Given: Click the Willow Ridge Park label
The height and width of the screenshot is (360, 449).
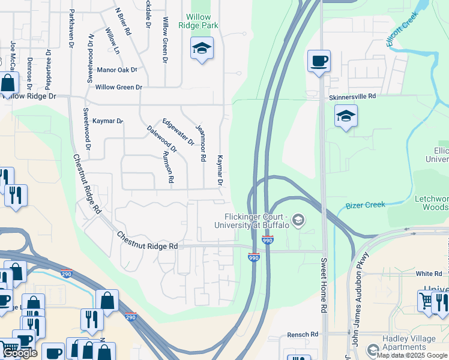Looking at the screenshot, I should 198,22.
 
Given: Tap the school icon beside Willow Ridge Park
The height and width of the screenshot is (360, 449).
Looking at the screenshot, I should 202,49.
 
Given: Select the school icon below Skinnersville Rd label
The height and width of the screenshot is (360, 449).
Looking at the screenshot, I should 346,116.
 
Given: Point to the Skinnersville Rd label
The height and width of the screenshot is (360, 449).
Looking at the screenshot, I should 352,96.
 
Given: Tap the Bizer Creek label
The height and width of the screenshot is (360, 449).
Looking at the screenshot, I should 366,205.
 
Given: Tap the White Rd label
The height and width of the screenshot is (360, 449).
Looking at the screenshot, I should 429,274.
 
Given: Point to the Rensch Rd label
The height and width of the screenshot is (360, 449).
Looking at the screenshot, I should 303,334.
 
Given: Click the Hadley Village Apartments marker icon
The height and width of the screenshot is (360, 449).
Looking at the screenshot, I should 373,349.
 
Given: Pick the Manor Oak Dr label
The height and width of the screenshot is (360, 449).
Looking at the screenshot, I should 117,70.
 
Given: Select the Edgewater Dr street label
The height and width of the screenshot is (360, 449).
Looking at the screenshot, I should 178,132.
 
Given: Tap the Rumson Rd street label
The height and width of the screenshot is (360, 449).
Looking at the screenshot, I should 167,167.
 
